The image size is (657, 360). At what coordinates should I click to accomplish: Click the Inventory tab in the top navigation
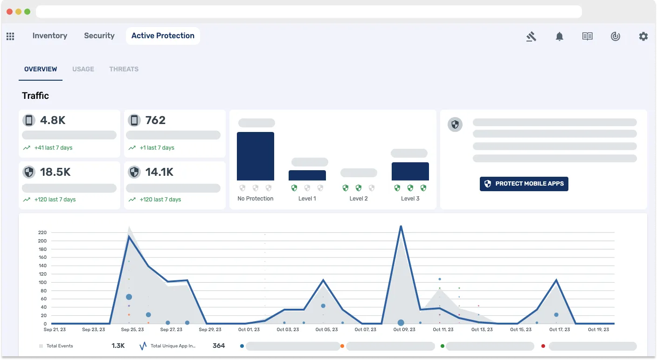tap(50, 36)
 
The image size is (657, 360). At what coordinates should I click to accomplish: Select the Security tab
tap(99, 36)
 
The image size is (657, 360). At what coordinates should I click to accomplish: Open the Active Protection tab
tap(163, 36)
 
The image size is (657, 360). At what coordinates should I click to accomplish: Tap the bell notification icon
tap(560, 36)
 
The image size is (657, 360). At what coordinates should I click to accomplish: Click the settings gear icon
tap(643, 36)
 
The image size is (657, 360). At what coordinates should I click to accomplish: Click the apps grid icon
tap(10, 36)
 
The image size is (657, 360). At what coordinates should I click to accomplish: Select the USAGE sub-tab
tap(83, 69)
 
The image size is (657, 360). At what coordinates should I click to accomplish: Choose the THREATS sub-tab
tap(124, 69)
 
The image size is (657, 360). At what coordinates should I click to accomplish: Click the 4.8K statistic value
tap(53, 120)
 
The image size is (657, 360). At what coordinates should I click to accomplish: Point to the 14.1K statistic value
tap(159, 172)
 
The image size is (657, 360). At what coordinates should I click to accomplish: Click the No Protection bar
tap(256, 156)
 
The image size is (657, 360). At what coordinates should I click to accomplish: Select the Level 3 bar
tap(410, 171)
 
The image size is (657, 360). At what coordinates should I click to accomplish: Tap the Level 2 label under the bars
tap(359, 199)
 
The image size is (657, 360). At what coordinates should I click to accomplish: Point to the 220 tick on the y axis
tap(42, 232)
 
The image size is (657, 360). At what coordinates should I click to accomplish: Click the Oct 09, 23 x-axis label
tap(404, 330)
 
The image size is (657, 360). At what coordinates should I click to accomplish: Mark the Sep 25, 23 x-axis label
tap(132, 330)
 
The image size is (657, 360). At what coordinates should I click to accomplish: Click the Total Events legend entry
tap(59, 346)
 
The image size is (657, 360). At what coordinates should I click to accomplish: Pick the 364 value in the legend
tap(219, 346)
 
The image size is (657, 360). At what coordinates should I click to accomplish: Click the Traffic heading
tap(35, 96)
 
